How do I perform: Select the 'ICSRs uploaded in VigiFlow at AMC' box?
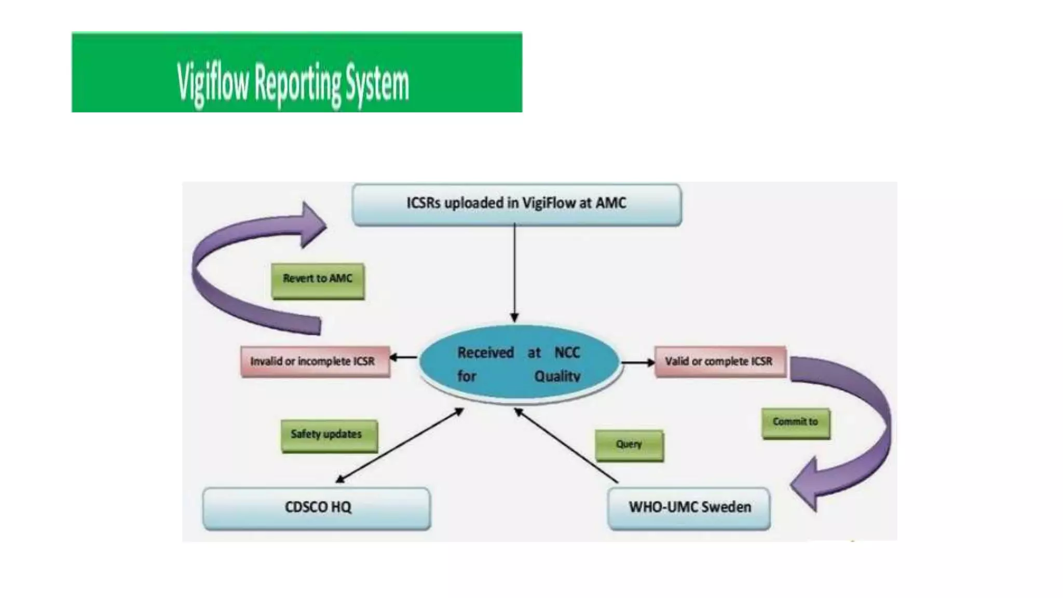[516, 204]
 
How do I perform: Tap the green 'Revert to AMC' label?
[318, 280]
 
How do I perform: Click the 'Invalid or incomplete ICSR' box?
[315, 361]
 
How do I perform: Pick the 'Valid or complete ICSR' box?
[719, 361]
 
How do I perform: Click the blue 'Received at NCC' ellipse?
[519, 363]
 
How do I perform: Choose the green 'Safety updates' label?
[328, 435]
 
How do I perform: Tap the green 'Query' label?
[629, 445]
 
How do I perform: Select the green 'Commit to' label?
[795, 423]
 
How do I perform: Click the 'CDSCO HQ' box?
[317, 508]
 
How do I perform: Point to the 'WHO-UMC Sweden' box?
[689, 508]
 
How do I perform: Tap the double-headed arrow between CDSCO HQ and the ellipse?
[400, 445]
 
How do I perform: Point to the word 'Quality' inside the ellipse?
[557, 376]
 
